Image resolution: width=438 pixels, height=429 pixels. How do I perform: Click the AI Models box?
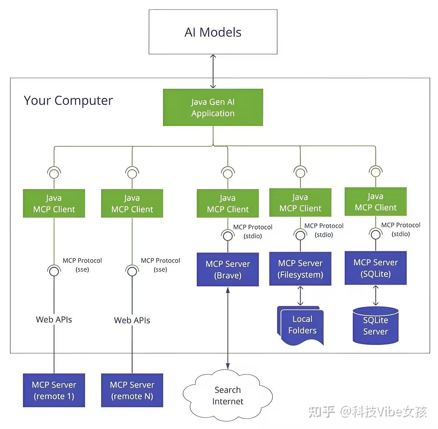click(213, 32)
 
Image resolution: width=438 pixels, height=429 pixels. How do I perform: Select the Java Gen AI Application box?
click(213, 108)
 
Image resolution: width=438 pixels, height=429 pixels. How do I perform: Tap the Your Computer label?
click(68, 101)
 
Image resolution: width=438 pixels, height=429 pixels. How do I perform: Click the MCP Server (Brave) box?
click(228, 270)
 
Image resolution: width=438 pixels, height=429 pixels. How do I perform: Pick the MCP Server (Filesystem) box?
click(300, 269)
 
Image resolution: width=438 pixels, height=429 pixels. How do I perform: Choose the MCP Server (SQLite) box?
click(376, 268)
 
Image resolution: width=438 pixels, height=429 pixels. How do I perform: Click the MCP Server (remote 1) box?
click(54, 390)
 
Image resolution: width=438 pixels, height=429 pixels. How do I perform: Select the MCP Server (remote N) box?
click(132, 390)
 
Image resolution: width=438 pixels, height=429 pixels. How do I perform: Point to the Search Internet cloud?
click(227, 395)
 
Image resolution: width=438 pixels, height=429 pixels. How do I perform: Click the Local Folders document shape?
click(302, 325)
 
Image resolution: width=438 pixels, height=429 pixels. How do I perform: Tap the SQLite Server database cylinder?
click(376, 326)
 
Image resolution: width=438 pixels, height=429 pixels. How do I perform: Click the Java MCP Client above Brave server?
click(228, 204)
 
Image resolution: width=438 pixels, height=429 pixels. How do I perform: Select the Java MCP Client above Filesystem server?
click(300, 203)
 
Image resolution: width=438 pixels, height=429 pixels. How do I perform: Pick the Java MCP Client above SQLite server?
click(376, 202)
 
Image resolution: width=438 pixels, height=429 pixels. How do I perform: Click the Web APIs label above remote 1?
click(54, 320)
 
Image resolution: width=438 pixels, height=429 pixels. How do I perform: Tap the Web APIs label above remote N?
click(132, 320)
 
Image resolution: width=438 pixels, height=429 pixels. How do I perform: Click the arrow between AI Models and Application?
click(213, 71)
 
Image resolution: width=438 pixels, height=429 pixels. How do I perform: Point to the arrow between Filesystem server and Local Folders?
click(301, 296)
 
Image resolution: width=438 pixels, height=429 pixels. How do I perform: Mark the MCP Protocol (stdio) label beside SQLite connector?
click(401, 229)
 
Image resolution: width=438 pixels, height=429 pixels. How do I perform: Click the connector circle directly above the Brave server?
click(228, 236)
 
